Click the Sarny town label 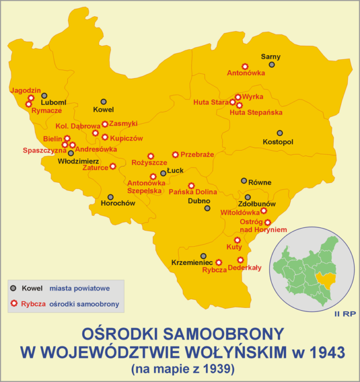(x=271, y=56)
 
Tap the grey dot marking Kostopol (x=280, y=133)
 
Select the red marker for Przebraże (x=176, y=154)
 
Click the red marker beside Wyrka (x=238, y=97)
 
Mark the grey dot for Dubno (x=207, y=208)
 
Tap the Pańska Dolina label (x=192, y=192)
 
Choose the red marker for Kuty (x=237, y=240)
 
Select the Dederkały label (x=244, y=268)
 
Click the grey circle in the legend (x=13, y=288)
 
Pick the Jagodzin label (x=25, y=90)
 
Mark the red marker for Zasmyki (x=105, y=124)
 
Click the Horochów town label (x=118, y=204)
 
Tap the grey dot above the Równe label (x=244, y=181)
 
